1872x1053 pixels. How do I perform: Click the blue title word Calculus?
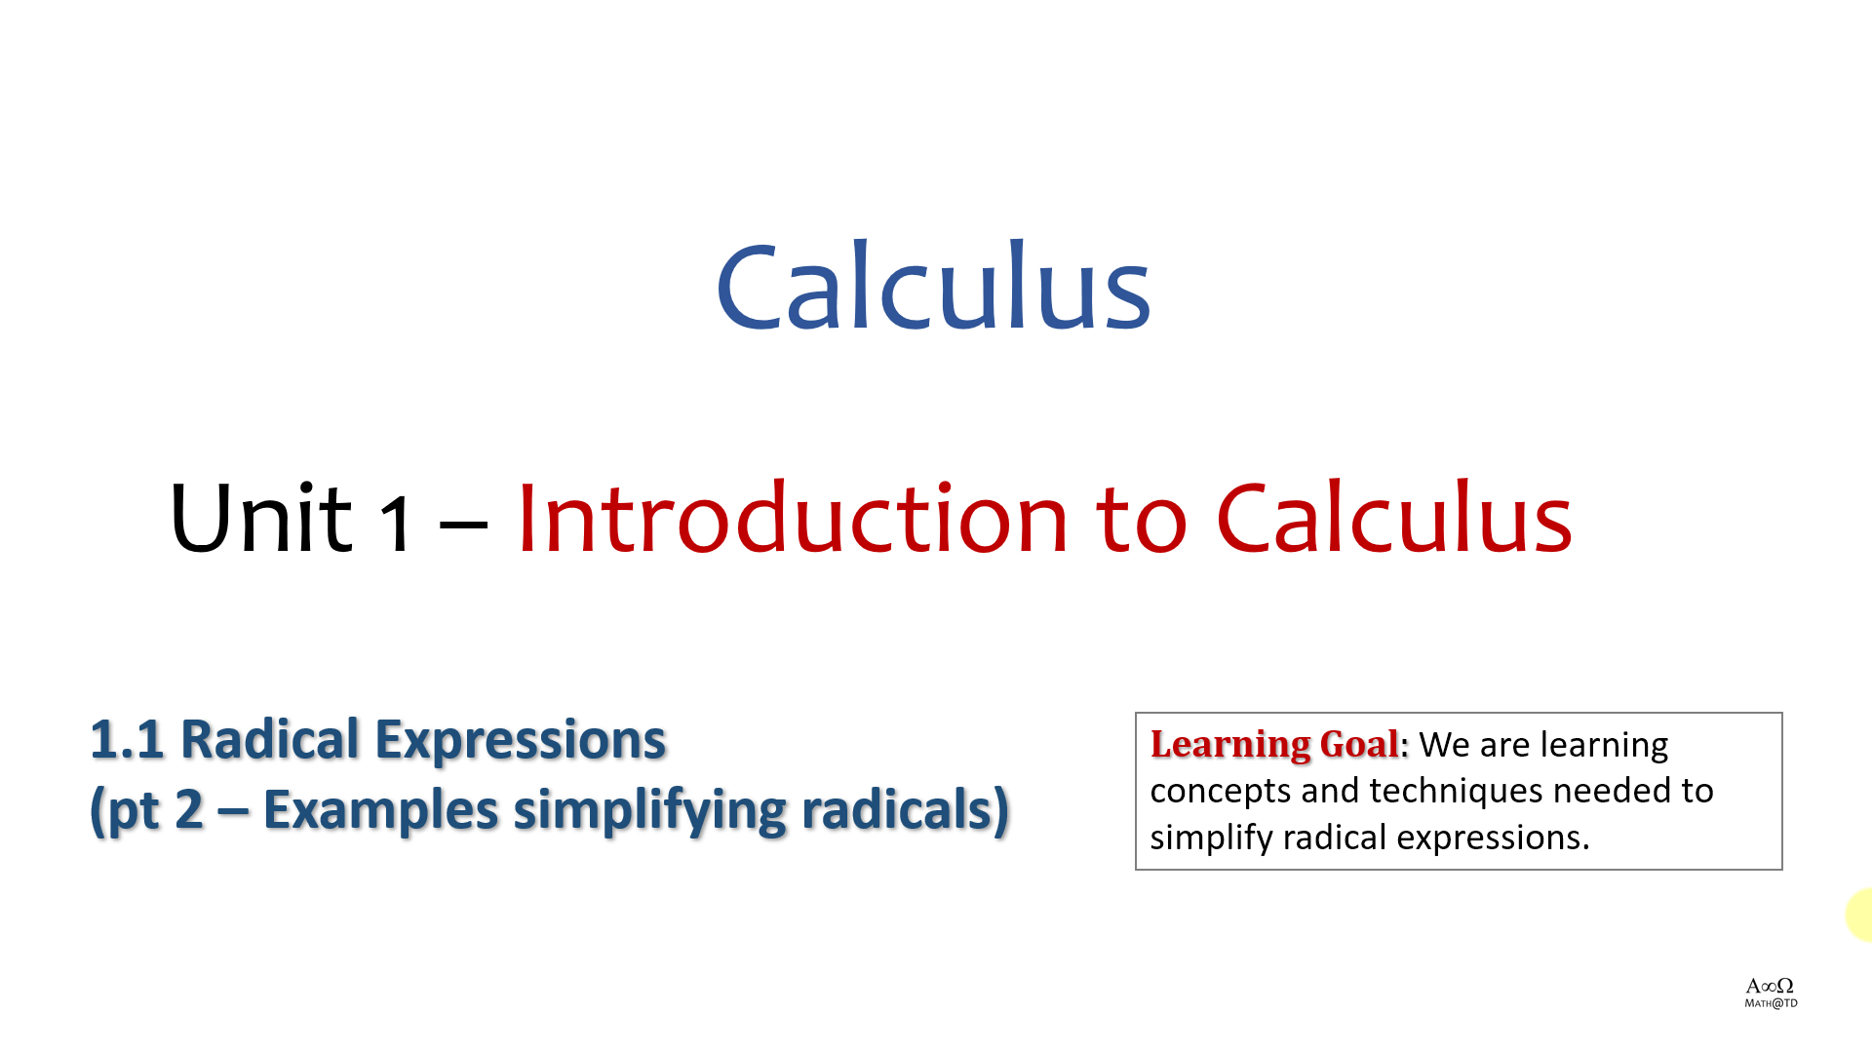[x=933, y=285]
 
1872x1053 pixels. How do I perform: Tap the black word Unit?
[x=260, y=518]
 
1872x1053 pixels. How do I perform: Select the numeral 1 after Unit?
[x=395, y=524]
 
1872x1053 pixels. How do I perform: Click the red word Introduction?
[x=793, y=518]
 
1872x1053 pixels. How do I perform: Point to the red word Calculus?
[x=1394, y=518]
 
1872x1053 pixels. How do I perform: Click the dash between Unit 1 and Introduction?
[x=463, y=527]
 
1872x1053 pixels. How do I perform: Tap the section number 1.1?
[x=127, y=740]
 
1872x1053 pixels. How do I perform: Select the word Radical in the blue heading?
[x=270, y=740]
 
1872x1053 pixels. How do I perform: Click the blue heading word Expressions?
[x=521, y=742]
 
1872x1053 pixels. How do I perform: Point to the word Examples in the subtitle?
[x=380, y=811]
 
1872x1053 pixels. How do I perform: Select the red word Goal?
[x=1359, y=744]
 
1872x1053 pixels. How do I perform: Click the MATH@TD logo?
[x=1771, y=994]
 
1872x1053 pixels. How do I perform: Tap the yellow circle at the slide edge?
[x=1860, y=916]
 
